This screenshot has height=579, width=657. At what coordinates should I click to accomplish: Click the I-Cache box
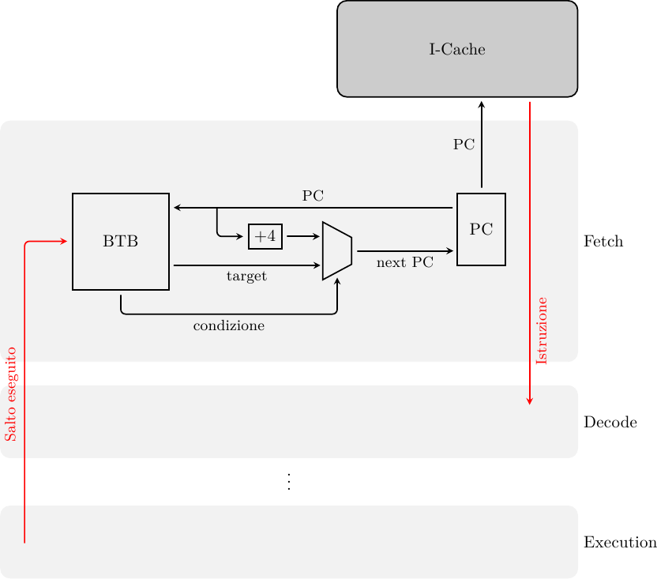pyautogui.click(x=457, y=49)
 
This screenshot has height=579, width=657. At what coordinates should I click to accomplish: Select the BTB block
pyautogui.click(x=121, y=242)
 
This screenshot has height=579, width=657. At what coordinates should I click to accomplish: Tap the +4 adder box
pyautogui.click(x=265, y=236)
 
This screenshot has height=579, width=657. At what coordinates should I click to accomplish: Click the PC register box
pyautogui.click(x=481, y=229)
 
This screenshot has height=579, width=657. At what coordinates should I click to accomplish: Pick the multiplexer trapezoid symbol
pyautogui.click(x=337, y=251)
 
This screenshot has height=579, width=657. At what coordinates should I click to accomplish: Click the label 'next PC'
pyautogui.click(x=405, y=263)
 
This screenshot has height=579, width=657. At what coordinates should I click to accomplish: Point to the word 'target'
pyautogui.click(x=246, y=276)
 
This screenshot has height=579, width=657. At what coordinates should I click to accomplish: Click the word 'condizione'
pyautogui.click(x=228, y=325)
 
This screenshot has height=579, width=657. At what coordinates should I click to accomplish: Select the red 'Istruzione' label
pyautogui.click(x=542, y=330)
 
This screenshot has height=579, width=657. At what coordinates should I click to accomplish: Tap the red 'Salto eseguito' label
pyautogui.click(x=10, y=393)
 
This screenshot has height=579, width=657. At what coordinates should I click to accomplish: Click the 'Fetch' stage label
pyautogui.click(x=603, y=242)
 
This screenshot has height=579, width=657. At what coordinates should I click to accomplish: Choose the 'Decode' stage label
pyautogui.click(x=610, y=423)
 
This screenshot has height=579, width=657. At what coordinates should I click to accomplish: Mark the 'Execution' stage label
pyautogui.click(x=620, y=543)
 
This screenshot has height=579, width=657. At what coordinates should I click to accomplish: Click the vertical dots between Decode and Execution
pyautogui.click(x=289, y=482)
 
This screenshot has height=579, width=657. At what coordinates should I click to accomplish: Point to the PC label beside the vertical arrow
pyautogui.click(x=464, y=145)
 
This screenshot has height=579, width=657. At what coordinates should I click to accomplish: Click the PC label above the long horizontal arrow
pyautogui.click(x=313, y=195)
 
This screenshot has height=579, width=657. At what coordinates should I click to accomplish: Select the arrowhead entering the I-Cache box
pyautogui.click(x=481, y=103)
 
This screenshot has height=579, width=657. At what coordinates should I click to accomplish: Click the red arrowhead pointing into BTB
pyautogui.click(x=63, y=241)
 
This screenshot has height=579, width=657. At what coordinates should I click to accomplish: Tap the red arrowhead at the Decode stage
pyautogui.click(x=530, y=402)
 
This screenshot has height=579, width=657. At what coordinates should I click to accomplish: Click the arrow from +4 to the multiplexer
pyautogui.click(x=302, y=236)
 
